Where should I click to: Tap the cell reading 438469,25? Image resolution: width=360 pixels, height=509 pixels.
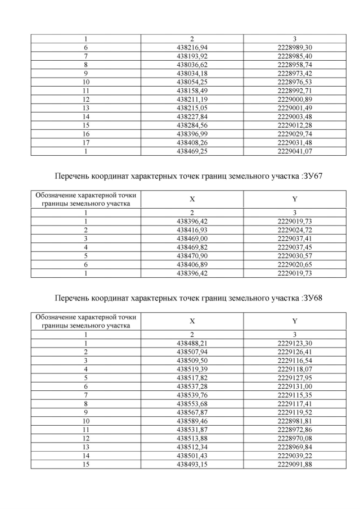(x=192, y=151)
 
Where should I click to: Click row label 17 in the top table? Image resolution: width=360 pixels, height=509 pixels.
(x=86, y=143)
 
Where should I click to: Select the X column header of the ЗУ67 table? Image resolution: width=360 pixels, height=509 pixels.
(x=192, y=199)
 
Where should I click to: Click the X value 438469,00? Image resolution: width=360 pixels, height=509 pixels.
(x=192, y=239)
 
